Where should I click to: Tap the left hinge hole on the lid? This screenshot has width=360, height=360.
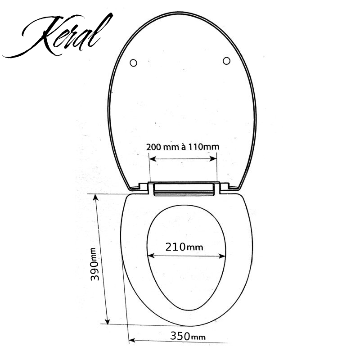[133, 63]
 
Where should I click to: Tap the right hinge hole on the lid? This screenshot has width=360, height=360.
[226, 60]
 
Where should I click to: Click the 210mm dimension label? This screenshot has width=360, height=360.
[184, 247]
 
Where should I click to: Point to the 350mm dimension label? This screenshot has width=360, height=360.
[188, 336]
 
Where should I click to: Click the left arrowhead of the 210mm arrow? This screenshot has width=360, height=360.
[151, 256]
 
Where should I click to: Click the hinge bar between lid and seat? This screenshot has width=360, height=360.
[183, 189]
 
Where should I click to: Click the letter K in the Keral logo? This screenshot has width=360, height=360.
[40, 38]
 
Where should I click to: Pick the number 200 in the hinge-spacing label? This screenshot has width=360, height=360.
[153, 147]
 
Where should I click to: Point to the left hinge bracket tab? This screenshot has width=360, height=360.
[143, 187]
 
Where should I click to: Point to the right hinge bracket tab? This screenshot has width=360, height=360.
[224, 186]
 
